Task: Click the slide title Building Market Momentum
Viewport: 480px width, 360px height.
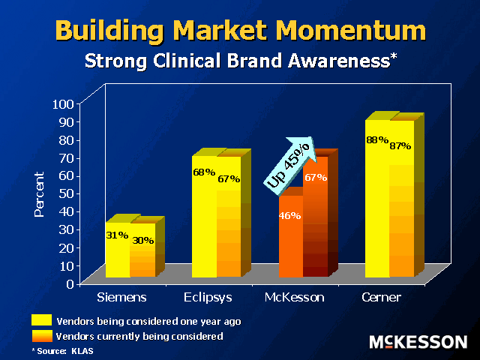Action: point(241,31)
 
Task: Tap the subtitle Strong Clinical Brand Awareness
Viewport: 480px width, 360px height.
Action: point(241,60)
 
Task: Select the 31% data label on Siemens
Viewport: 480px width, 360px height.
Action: point(117,235)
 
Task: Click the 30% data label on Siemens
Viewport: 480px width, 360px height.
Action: point(143,241)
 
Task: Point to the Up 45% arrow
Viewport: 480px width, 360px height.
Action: point(290,166)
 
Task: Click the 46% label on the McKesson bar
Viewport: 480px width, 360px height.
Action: point(289,216)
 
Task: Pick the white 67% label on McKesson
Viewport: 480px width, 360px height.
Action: point(316,178)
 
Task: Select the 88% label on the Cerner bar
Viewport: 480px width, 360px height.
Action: point(377,140)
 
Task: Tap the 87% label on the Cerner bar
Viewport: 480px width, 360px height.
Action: point(400,146)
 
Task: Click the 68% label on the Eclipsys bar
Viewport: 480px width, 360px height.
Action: point(204,172)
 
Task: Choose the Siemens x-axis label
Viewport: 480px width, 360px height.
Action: point(121,297)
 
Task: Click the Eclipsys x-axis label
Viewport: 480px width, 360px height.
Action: point(208,298)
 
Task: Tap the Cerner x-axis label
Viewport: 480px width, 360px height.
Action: point(382,297)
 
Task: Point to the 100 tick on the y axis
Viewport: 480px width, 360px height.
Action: point(63,104)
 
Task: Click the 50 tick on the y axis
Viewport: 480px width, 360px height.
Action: point(67,193)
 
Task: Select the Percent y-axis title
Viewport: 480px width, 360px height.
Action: point(39,194)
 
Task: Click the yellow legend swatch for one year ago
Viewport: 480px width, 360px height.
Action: point(42,320)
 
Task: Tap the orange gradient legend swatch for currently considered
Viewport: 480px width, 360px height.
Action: point(42,336)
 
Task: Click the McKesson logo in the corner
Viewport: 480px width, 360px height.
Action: point(418,342)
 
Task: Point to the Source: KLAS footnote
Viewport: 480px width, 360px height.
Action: point(63,351)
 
